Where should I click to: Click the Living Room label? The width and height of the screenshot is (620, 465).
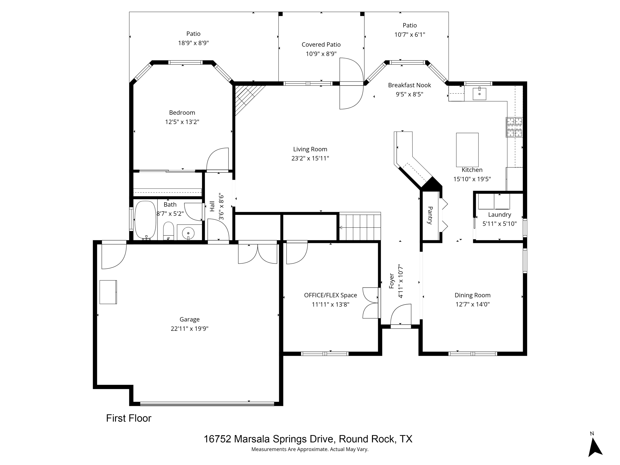[x=310, y=149]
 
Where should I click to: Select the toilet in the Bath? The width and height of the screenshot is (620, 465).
[x=169, y=231]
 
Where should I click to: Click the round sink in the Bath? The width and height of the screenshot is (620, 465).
[x=188, y=233]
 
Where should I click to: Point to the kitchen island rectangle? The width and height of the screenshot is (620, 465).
[x=467, y=150]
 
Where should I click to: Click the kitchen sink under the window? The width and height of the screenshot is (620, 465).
[x=479, y=94]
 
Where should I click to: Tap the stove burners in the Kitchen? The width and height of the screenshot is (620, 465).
[x=514, y=127]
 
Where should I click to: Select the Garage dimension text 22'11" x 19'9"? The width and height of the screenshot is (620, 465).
[x=190, y=328]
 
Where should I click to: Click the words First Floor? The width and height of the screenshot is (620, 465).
[x=129, y=418]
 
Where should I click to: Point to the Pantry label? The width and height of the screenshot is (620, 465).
[x=430, y=215]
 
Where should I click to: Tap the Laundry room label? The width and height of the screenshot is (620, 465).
[x=500, y=215]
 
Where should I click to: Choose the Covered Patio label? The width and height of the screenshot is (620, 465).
[x=321, y=45]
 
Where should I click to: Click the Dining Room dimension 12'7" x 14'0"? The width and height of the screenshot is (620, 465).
[x=473, y=304]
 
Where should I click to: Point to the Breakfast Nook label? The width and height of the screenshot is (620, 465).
[x=409, y=85]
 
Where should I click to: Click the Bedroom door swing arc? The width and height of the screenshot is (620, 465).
[x=217, y=159]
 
